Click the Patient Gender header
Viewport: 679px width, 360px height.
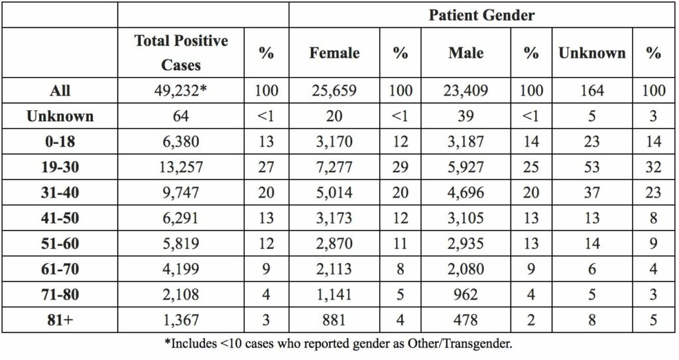(481, 15)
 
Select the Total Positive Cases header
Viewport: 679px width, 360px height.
(181, 52)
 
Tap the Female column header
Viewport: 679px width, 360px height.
(334, 53)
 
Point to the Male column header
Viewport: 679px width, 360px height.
(465, 53)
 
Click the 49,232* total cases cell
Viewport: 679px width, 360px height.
(180, 91)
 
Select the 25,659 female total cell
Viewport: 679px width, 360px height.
(334, 91)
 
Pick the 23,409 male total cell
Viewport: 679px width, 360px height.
(465, 91)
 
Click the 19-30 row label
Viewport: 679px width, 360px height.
(60, 167)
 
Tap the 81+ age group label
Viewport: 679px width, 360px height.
(60, 320)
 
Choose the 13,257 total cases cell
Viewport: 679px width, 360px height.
(180, 167)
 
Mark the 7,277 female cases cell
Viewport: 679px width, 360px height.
(334, 167)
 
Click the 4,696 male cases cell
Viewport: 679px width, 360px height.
(465, 192)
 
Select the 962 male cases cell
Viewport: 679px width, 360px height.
(465, 294)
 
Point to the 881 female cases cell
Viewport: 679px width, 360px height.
(334, 320)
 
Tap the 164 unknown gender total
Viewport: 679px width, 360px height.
(592, 91)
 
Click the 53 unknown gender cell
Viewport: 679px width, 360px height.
(592, 167)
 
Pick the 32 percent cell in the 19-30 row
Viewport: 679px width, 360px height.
(653, 167)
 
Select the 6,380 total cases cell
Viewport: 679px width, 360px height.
(180, 141)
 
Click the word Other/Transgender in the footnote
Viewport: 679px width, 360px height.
(459, 344)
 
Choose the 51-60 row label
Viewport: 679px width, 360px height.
(60, 243)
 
